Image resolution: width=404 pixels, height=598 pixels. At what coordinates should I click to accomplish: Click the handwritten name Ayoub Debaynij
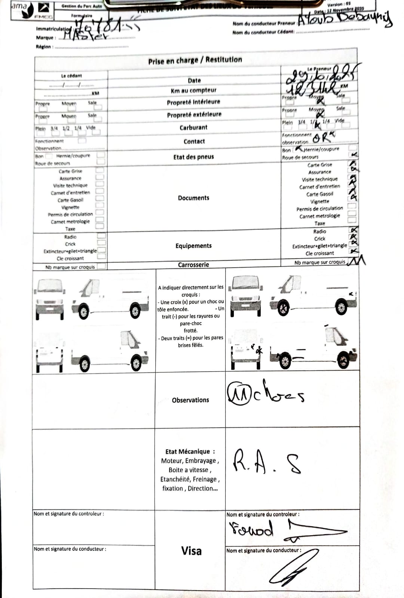click(x=345, y=18)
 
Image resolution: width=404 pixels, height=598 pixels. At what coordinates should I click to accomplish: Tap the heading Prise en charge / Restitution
click(x=195, y=60)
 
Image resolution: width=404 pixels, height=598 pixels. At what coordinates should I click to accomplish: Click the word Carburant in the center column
click(x=193, y=127)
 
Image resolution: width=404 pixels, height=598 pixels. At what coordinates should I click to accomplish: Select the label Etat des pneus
click(x=193, y=157)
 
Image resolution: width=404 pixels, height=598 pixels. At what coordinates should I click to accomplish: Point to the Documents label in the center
click(x=193, y=198)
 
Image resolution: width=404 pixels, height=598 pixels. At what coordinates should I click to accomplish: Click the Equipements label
click(x=193, y=246)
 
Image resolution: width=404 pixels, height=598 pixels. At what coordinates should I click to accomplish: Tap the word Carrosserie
click(x=193, y=265)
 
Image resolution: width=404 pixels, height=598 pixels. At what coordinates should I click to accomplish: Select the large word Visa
click(x=191, y=551)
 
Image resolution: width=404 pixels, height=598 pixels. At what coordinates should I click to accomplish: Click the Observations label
click(x=190, y=400)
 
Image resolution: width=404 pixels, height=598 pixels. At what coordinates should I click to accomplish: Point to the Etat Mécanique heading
click(x=190, y=451)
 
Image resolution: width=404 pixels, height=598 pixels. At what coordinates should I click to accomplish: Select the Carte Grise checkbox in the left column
click(x=100, y=170)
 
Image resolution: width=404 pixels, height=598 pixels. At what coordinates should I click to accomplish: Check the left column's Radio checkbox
click(x=101, y=236)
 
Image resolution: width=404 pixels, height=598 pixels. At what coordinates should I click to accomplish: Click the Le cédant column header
click(x=71, y=76)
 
